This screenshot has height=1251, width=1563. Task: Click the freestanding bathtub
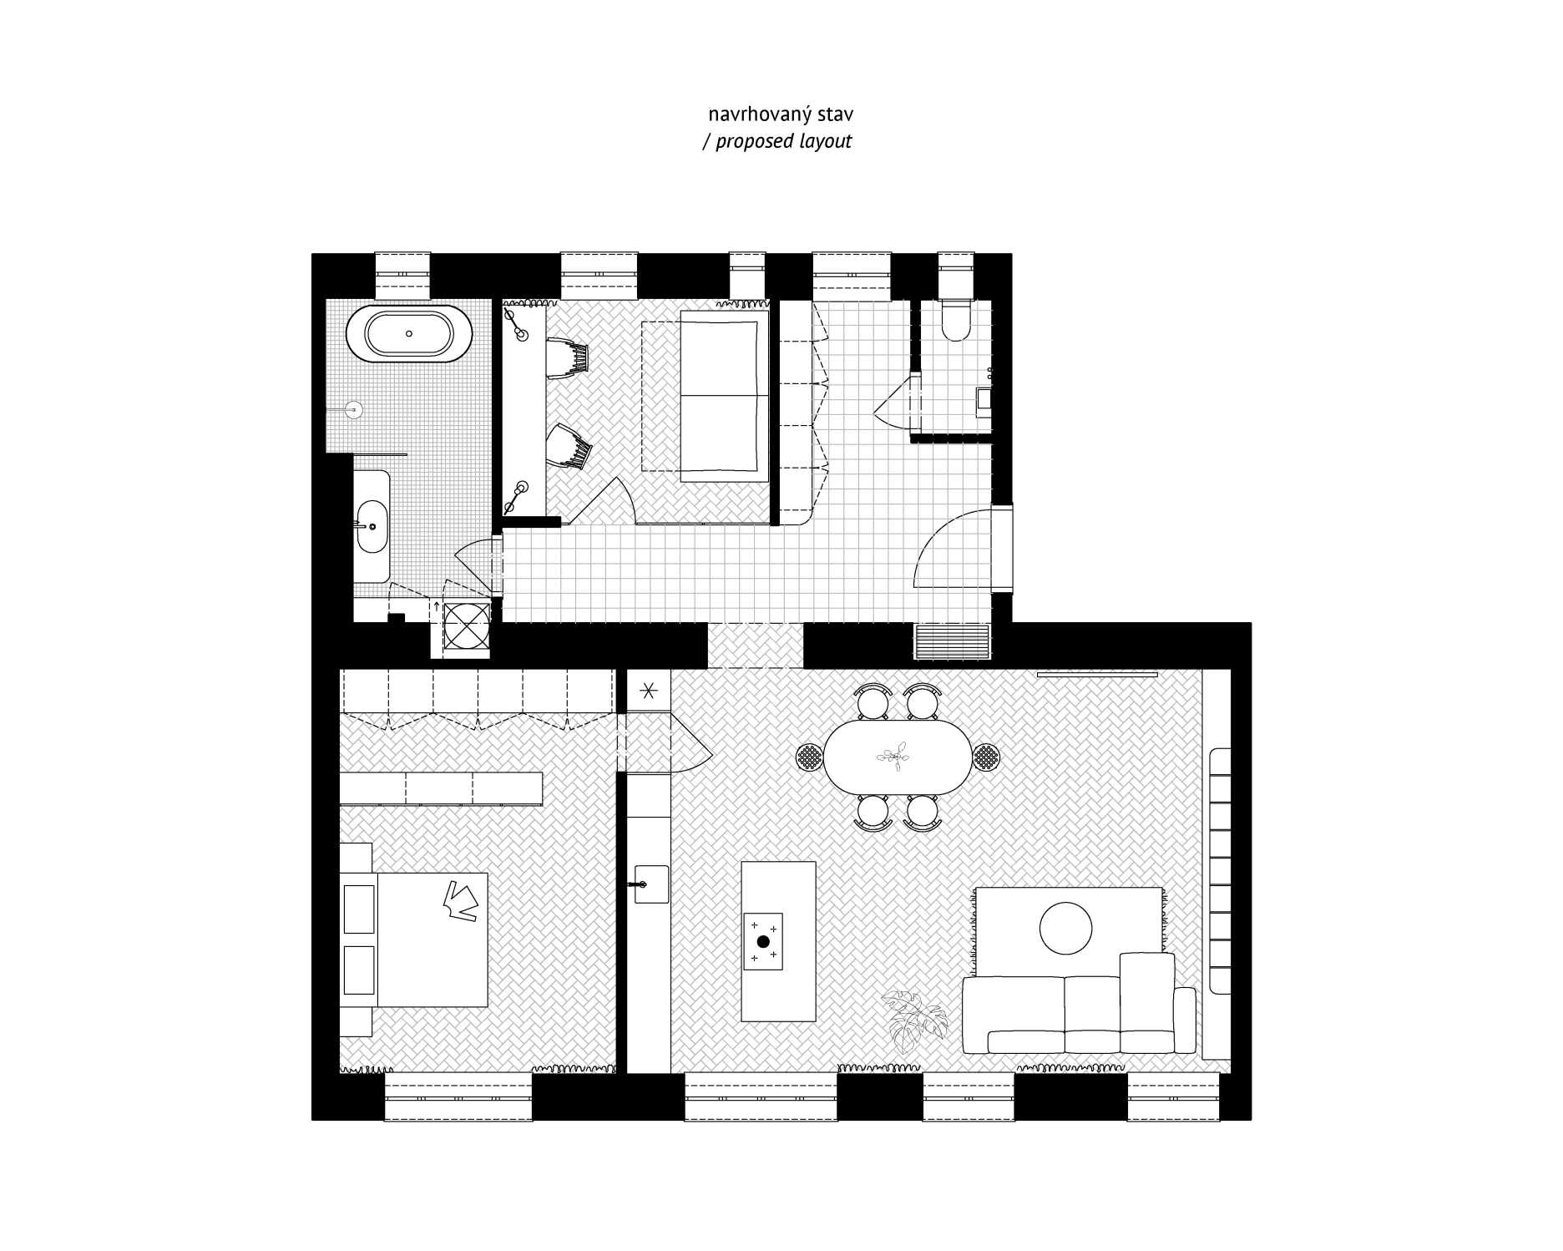[x=409, y=333]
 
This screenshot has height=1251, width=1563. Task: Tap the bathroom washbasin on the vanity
[x=372, y=526]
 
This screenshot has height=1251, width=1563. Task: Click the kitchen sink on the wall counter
[x=651, y=884]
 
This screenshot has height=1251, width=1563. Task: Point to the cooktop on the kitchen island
[x=763, y=941]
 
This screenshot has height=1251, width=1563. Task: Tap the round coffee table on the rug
[x=1065, y=928]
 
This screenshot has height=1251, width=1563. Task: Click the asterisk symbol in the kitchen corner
[x=649, y=691]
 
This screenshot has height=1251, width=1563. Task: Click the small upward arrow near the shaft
[x=436, y=605]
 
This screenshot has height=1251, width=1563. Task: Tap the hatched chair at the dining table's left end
[x=810, y=758]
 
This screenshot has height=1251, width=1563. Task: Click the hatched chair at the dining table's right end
[x=986, y=758]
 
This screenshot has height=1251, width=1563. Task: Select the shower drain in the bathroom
[x=355, y=409]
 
